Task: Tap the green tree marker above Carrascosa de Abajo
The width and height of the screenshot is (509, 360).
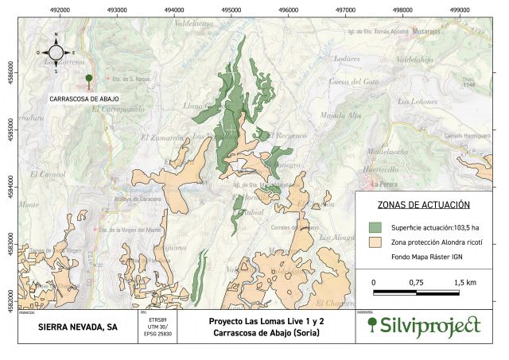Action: pos(88,79)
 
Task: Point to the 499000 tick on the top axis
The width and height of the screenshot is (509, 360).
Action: pos(460,10)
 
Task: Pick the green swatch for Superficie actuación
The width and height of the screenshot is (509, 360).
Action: pos(377,226)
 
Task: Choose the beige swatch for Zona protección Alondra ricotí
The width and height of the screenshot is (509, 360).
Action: pos(377,242)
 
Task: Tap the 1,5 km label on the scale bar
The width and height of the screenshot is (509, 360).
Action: pos(465,283)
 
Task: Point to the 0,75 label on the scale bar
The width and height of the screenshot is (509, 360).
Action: pos(415,283)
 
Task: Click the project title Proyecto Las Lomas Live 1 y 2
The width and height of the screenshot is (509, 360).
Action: pos(266,321)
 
